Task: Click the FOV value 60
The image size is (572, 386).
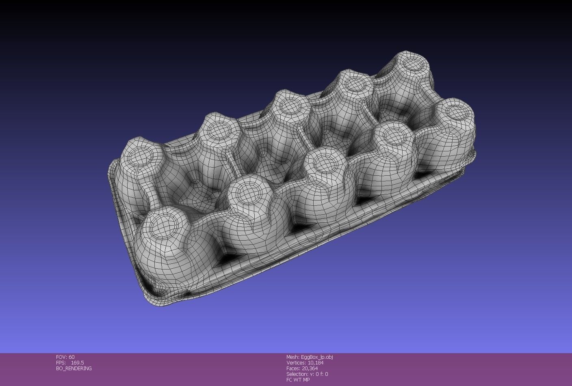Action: pyautogui.click(x=71, y=357)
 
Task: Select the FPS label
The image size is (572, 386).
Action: pyautogui.click(x=61, y=362)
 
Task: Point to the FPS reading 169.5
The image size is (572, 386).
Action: pyautogui.click(x=77, y=362)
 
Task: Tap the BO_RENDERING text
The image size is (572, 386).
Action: pyautogui.click(x=74, y=368)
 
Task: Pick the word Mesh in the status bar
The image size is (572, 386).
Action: pyautogui.click(x=292, y=357)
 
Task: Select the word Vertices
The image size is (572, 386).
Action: pyautogui.click(x=296, y=362)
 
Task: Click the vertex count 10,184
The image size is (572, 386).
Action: pyautogui.click(x=316, y=362)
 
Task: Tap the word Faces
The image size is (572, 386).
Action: pyautogui.click(x=293, y=368)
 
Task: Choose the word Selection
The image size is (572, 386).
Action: pyautogui.click(x=297, y=374)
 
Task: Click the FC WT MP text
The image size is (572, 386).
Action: pyautogui.click(x=298, y=380)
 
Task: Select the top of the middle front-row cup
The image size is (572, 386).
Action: pyautogui.click(x=327, y=162)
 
